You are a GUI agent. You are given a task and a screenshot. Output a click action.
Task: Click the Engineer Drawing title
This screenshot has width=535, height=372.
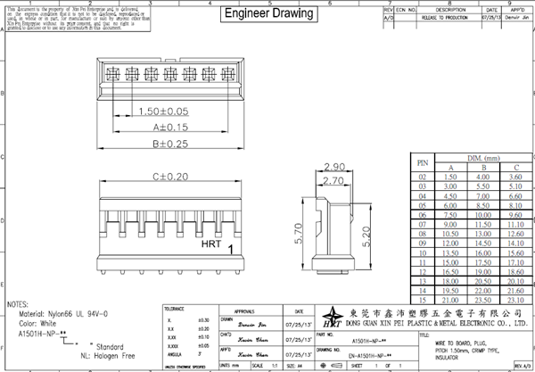coord(268,14)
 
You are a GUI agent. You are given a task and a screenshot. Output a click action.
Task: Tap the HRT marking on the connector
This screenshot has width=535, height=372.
coord(213,243)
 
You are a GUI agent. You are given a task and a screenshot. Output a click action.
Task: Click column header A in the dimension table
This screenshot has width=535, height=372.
coord(450,166)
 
